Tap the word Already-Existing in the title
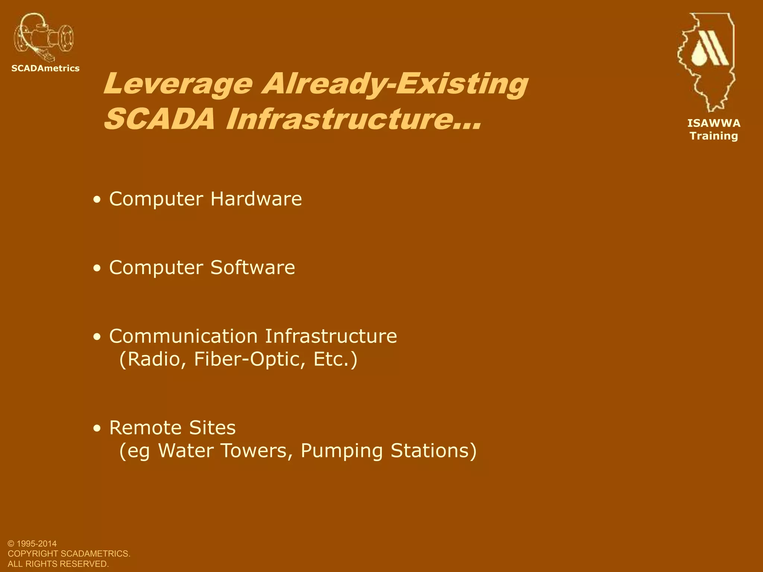[395, 84]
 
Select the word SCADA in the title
[159, 119]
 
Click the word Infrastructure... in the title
[354, 119]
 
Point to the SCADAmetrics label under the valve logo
[45, 68]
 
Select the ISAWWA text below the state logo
[714, 123]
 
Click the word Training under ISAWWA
[714, 136]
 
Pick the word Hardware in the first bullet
[256, 199]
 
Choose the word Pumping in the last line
[342, 451]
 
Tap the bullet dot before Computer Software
[97, 268]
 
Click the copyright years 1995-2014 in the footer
[37, 544]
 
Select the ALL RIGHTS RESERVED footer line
[58, 564]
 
